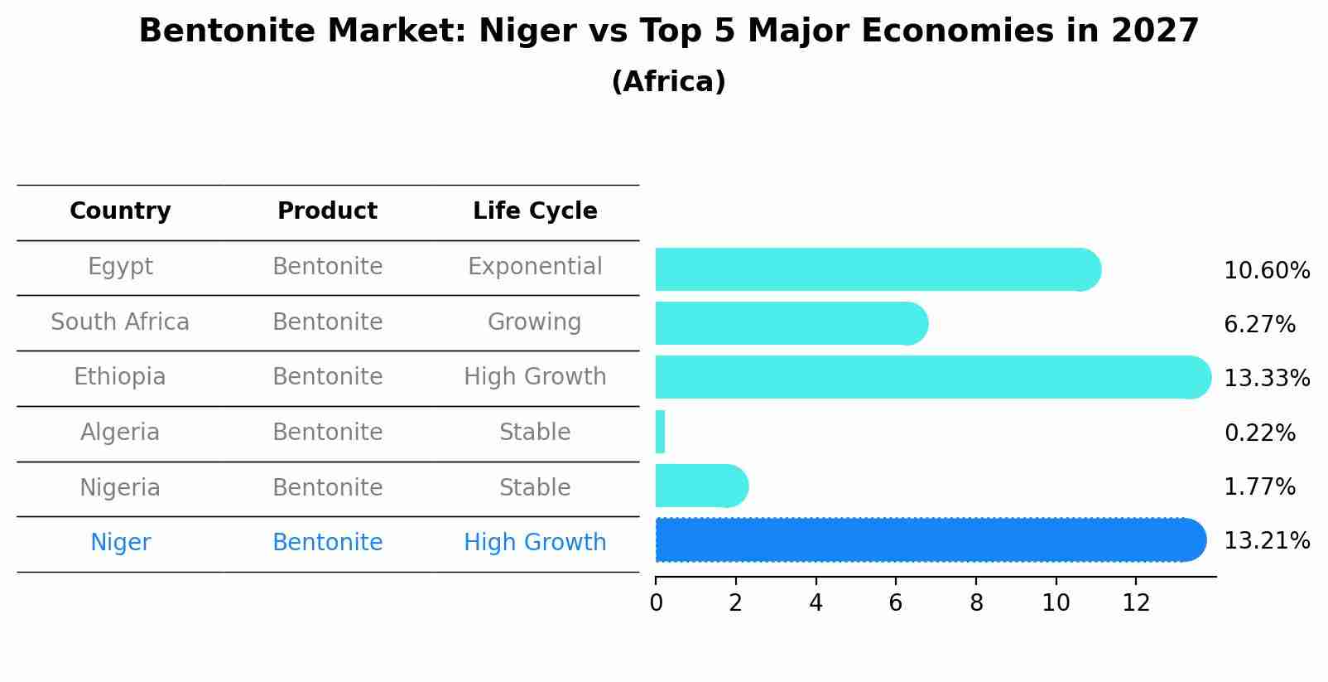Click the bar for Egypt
click(x=878, y=269)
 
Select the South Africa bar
click(x=791, y=323)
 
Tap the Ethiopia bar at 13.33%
click(x=931, y=377)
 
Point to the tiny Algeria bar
click(x=660, y=432)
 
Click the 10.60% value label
click(x=1266, y=271)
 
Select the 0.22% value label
click(x=1259, y=433)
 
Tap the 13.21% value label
click(x=1266, y=541)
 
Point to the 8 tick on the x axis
click(x=976, y=602)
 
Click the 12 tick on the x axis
click(x=1136, y=602)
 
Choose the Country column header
click(x=120, y=211)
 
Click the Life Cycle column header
click(x=535, y=211)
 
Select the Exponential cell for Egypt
click(x=535, y=267)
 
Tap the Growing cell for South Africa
click(x=535, y=322)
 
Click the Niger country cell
click(x=120, y=543)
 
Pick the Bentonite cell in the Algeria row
click(x=327, y=433)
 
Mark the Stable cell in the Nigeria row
click(x=535, y=487)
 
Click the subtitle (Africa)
click(x=668, y=82)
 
